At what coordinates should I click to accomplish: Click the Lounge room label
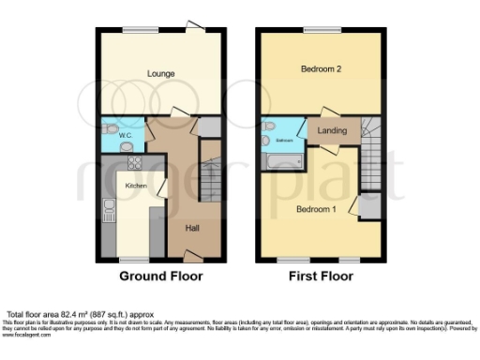pos(160,71)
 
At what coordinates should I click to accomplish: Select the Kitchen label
pos(136,186)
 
